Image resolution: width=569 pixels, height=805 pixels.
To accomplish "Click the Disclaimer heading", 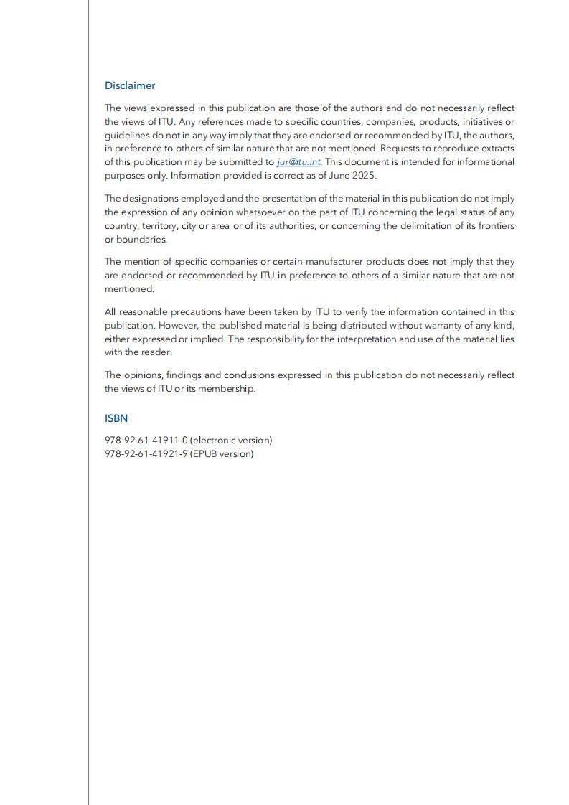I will click(130, 85).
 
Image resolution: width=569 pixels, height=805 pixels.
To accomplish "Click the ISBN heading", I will click(116, 418).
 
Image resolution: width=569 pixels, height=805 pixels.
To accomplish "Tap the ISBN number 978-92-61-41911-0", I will click(146, 440).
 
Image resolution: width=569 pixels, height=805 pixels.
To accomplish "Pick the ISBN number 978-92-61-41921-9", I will click(146, 453).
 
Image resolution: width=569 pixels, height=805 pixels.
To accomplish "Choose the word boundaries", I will click(135, 240).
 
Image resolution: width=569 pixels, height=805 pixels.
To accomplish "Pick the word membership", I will click(230, 389).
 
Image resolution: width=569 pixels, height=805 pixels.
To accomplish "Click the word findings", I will click(171, 375).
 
